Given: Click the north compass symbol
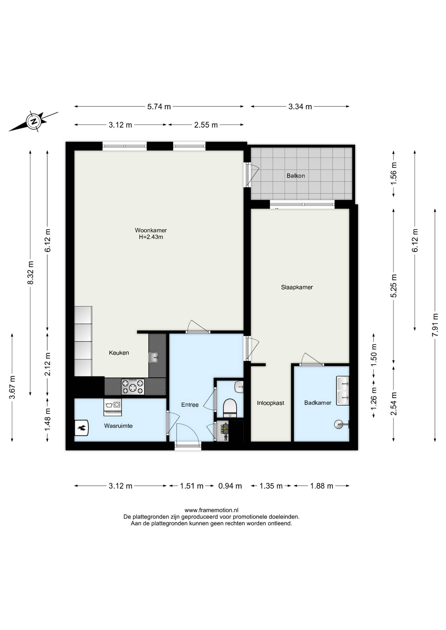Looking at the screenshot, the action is tap(33, 121).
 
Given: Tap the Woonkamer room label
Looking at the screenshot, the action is tap(151, 230).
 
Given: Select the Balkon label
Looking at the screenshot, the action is tap(296, 176).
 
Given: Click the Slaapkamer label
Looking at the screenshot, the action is tap(297, 287).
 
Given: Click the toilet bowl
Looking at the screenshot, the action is tap(230, 408).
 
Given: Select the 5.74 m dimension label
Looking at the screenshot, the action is tap(159, 107).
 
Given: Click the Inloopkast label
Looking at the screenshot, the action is tap(271, 403).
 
